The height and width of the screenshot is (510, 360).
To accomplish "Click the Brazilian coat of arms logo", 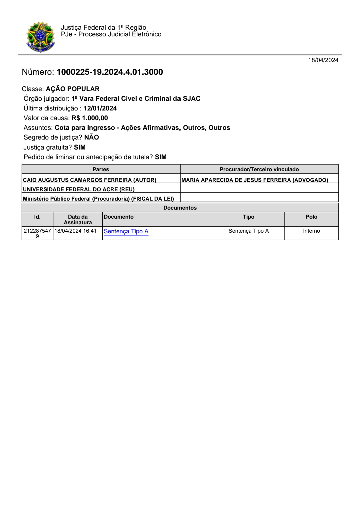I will pos(41,37).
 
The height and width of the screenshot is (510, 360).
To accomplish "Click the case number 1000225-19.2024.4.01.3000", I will pos(110,72).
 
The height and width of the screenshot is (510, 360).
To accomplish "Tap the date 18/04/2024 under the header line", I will pos(323,60).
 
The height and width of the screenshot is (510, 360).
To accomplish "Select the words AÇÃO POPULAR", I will pos(73,89).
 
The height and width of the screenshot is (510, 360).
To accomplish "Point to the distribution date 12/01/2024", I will pos(100,108).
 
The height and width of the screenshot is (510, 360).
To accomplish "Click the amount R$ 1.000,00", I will pos(90,118).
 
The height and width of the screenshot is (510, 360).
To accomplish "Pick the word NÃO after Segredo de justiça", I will pos(91,138).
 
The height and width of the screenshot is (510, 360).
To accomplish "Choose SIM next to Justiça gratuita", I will pos(80,148).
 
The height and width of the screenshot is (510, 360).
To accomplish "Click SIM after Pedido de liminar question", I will pos(161,157).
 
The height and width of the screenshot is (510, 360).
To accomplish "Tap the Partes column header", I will pos(101,170).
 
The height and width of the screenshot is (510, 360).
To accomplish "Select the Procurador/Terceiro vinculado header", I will pos(259,170).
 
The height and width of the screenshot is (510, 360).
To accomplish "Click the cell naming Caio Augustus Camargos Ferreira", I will pos(89,180).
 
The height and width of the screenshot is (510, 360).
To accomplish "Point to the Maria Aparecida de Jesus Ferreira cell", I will pos(255,180).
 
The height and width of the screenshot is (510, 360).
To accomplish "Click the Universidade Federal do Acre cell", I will pos(79,189).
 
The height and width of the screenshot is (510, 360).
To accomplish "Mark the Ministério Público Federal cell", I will pos(98,199).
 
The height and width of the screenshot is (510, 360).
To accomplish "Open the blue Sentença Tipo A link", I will pos(126,231).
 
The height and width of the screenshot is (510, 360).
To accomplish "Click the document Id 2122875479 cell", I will pos(37,233).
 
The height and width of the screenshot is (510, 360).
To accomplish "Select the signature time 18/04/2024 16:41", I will pos(75,231).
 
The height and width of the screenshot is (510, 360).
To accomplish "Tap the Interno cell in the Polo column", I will pos(311,231).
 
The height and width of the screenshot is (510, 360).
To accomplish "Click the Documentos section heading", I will pos(180,208).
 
